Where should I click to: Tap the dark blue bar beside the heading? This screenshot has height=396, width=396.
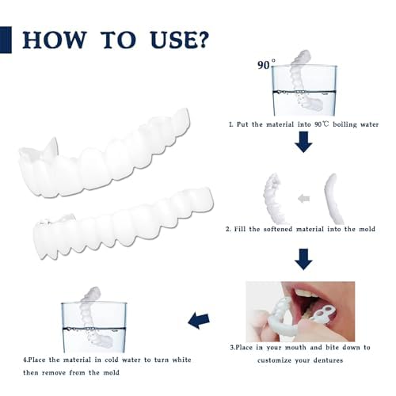pyautogui.click(x=6, y=38)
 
